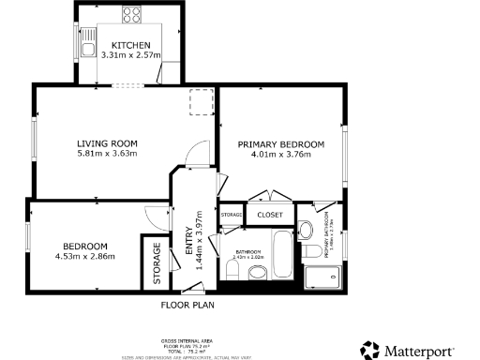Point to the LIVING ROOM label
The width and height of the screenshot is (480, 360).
107,143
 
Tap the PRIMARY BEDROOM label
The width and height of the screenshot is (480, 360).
280,144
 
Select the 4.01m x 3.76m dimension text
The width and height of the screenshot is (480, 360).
280,155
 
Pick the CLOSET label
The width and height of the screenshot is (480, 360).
270,215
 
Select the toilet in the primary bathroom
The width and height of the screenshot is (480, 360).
307,231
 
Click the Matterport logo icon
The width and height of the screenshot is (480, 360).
372,349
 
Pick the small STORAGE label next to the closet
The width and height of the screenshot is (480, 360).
232,215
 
